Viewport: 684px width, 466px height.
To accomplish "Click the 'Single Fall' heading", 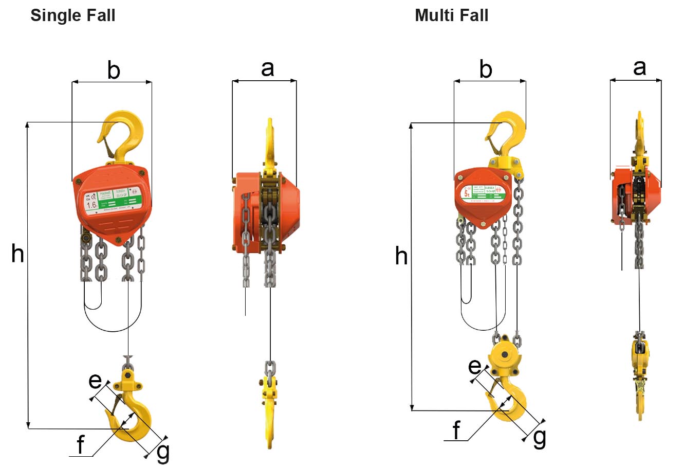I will tap(73, 15).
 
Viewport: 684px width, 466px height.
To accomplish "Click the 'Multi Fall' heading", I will tap(451, 15).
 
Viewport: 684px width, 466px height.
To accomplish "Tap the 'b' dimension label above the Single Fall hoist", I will tap(114, 70).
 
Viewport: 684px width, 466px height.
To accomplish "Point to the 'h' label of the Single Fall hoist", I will tap(17, 254).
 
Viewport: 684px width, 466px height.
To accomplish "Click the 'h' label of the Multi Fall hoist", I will tap(401, 256).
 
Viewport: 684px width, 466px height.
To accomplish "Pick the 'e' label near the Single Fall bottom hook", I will tap(95, 381).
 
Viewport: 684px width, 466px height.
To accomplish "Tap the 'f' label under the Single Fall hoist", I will tap(80, 445).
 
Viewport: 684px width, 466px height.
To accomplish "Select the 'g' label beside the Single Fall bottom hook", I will tap(162, 453).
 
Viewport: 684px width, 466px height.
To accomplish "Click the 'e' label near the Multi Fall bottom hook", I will tap(475, 367).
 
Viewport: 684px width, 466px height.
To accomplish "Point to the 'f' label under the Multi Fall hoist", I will tap(457, 431).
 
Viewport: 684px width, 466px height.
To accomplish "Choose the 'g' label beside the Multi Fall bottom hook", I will tap(540, 438).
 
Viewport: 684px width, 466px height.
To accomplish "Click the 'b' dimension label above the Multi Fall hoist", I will tap(486, 69).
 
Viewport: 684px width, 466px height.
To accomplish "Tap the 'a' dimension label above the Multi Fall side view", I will tap(639, 67).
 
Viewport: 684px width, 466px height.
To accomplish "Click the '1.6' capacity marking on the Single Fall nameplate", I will tap(92, 205).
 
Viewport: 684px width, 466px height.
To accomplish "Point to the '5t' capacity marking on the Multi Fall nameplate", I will tap(467, 193).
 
